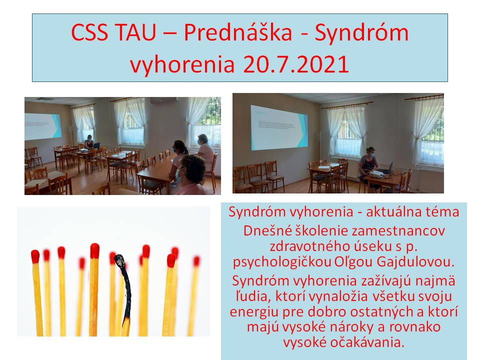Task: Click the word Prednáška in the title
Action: click(238, 32)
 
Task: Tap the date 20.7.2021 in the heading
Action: click(296, 64)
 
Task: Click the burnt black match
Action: click(124, 294)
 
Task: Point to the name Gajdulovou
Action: click(415, 261)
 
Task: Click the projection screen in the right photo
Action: click(279, 128)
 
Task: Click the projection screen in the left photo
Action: click(43, 126)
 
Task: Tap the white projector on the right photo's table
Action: click(376, 174)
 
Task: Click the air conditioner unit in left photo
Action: click(163, 100)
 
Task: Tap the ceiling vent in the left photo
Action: click(45, 99)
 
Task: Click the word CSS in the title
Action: click(89, 32)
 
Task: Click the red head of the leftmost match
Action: click(35, 256)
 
